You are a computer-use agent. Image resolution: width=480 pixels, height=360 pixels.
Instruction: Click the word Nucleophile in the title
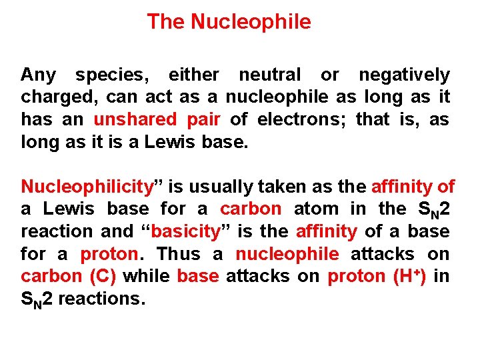pyautogui.click(x=251, y=22)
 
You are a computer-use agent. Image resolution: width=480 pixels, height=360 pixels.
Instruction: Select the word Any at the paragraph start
pyautogui.click(x=38, y=75)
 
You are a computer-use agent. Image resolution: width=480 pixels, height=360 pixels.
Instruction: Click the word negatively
pyautogui.click(x=404, y=75)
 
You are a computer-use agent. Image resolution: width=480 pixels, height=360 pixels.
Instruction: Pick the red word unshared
pyautogui.click(x=135, y=120)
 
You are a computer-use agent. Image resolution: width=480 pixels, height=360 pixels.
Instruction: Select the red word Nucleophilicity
pyautogui.click(x=87, y=186)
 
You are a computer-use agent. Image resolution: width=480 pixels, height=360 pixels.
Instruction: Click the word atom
pyautogui.click(x=316, y=209)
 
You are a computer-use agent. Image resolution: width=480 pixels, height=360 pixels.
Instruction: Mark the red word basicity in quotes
pyautogui.click(x=186, y=231)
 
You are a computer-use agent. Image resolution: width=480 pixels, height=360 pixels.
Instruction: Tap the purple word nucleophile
pyautogui.click(x=287, y=254)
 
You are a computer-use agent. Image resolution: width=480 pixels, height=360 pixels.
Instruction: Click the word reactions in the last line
pyautogui.click(x=101, y=299)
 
